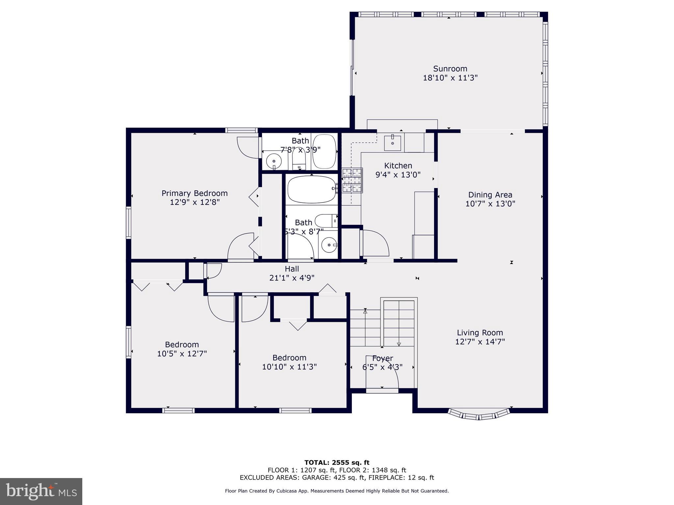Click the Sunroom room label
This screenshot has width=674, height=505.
pyautogui.click(x=450, y=69)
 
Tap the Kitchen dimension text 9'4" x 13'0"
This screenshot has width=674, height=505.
pyautogui.click(x=398, y=175)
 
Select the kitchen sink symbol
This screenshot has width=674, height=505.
pyautogui.click(x=392, y=143)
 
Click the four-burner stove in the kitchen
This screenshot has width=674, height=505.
pyautogui.click(x=352, y=180)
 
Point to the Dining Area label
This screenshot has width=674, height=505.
pyautogui.click(x=490, y=195)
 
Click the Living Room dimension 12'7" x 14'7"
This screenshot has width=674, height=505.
pyautogui.click(x=480, y=342)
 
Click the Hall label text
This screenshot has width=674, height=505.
pyautogui.click(x=292, y=269)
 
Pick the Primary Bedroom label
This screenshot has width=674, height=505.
pyautogui.click(x=194, y=193)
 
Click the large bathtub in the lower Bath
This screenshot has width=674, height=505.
pyautogui.click(x=311, y=189)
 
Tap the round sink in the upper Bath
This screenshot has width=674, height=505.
pyautogui.click(x=273, y=161)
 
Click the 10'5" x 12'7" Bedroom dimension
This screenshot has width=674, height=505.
pyautogui.click(x=182, y=354)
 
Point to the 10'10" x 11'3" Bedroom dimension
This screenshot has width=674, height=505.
pyautogui.click(x=289, y=367)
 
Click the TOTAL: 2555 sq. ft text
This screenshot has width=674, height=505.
pyautogui.click(x=337, y=463)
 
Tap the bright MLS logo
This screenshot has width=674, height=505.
pyautogui.click(x=41, y=491)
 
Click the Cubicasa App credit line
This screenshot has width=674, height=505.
pyautogui.click(x=337, y=491)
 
